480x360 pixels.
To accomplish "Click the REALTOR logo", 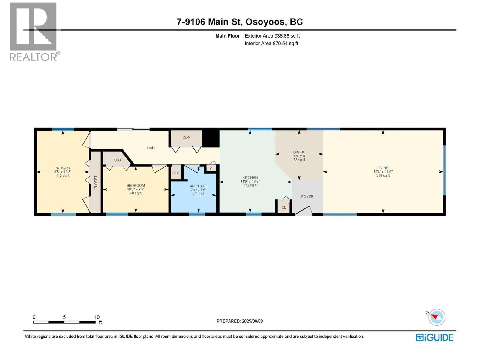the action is pyautogui.click(x=35, y=32).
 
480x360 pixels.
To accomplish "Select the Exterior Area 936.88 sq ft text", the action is pyautogui.click(x=272, y=36).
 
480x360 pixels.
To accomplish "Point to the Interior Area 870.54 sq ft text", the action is pyautogui.click(x=271, y=43).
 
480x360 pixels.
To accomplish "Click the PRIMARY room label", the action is pyautogui.click(x=62, y=168).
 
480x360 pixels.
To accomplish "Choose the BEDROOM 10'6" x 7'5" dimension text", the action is pyautogui.click(x=136, y=189).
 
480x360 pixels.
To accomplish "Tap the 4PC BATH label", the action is pyautogui.click(x=199, y=186).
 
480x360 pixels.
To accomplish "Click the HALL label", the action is pyautogui.click(x=151, y=148).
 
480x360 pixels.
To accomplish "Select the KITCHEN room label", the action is pyautogui.click(x=250, y=178).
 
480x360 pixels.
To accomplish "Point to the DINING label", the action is pyautogui.click(x=299, y=152).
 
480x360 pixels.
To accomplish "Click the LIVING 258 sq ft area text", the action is pyautogui.click(x=383, y=175).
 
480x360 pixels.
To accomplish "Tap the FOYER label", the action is pyautogui.click(x=307, y=196).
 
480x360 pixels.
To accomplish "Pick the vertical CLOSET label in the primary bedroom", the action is pyautogui.click(x=96, y=182).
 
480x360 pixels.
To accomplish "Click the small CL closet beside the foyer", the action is pyautogui.click(x=283, y=207).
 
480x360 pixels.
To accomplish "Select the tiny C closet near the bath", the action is pyautogui.click(x=211, y=169).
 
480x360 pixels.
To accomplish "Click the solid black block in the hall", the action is pyautogui.click(x=210, y=139).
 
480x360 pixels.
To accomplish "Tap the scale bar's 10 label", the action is pyautogui.click(x=97, y=317).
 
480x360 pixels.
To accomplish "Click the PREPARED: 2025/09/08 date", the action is pyautogui.click(x=240, y=321).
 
